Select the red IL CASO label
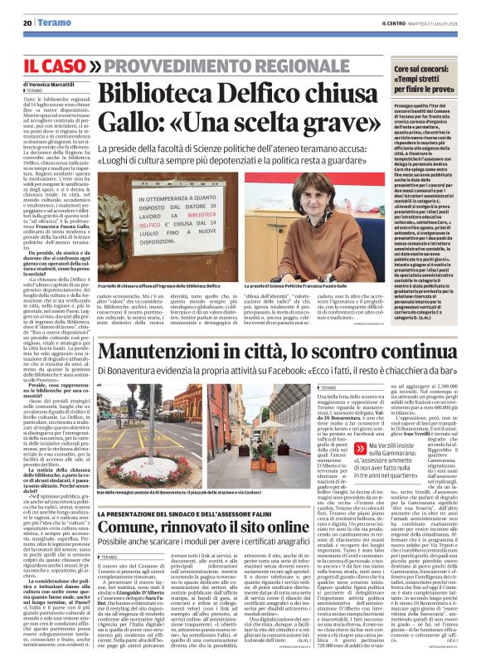coord(53,64)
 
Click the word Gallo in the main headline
coord(128,122)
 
